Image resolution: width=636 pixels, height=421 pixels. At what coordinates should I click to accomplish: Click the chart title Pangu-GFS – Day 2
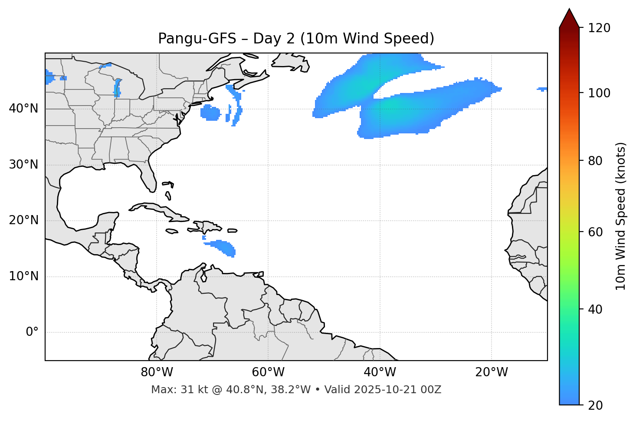296,39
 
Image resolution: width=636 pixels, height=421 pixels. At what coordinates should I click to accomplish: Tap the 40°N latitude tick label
23,109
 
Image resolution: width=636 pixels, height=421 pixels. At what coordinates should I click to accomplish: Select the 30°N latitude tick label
23,165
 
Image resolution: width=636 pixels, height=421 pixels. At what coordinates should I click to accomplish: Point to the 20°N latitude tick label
23,220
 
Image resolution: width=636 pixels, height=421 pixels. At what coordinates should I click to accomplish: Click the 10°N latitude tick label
23,276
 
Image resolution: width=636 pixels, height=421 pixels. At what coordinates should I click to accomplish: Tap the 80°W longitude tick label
157,372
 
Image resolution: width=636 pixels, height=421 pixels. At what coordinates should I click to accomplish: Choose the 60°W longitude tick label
268,372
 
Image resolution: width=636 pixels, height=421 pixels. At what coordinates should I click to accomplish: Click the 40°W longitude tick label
380,372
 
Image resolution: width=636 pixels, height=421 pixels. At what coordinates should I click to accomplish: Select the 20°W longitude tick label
491,372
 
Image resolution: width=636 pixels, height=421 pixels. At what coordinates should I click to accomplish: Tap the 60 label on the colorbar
596,232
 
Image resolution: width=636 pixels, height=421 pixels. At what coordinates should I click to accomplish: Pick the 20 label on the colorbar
596,405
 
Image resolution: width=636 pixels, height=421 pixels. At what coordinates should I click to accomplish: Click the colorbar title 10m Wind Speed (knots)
621,216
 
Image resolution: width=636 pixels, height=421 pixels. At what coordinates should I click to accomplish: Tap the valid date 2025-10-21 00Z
397,390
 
